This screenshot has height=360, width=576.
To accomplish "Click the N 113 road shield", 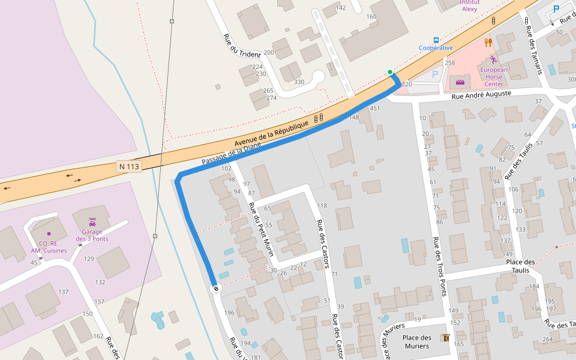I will coord(129,166).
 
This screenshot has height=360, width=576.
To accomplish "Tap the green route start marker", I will coord(390,73).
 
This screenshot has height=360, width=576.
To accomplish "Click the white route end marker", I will coord(215,289).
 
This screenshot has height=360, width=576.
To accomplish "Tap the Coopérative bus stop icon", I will coord(436,39).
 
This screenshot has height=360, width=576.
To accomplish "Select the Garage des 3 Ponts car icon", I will coord(92,221).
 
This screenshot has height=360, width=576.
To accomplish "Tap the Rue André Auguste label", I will coord(481,94).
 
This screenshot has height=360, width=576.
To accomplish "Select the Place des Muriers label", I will coord(416,341).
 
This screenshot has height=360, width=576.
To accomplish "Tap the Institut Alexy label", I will coord(469,5).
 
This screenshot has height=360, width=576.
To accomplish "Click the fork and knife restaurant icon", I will coord(488,42).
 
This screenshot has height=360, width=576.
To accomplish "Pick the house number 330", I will coord(299,82).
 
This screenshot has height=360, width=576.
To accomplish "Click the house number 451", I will coord(375,109).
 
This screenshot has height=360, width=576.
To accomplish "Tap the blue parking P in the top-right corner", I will coord(556,9).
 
